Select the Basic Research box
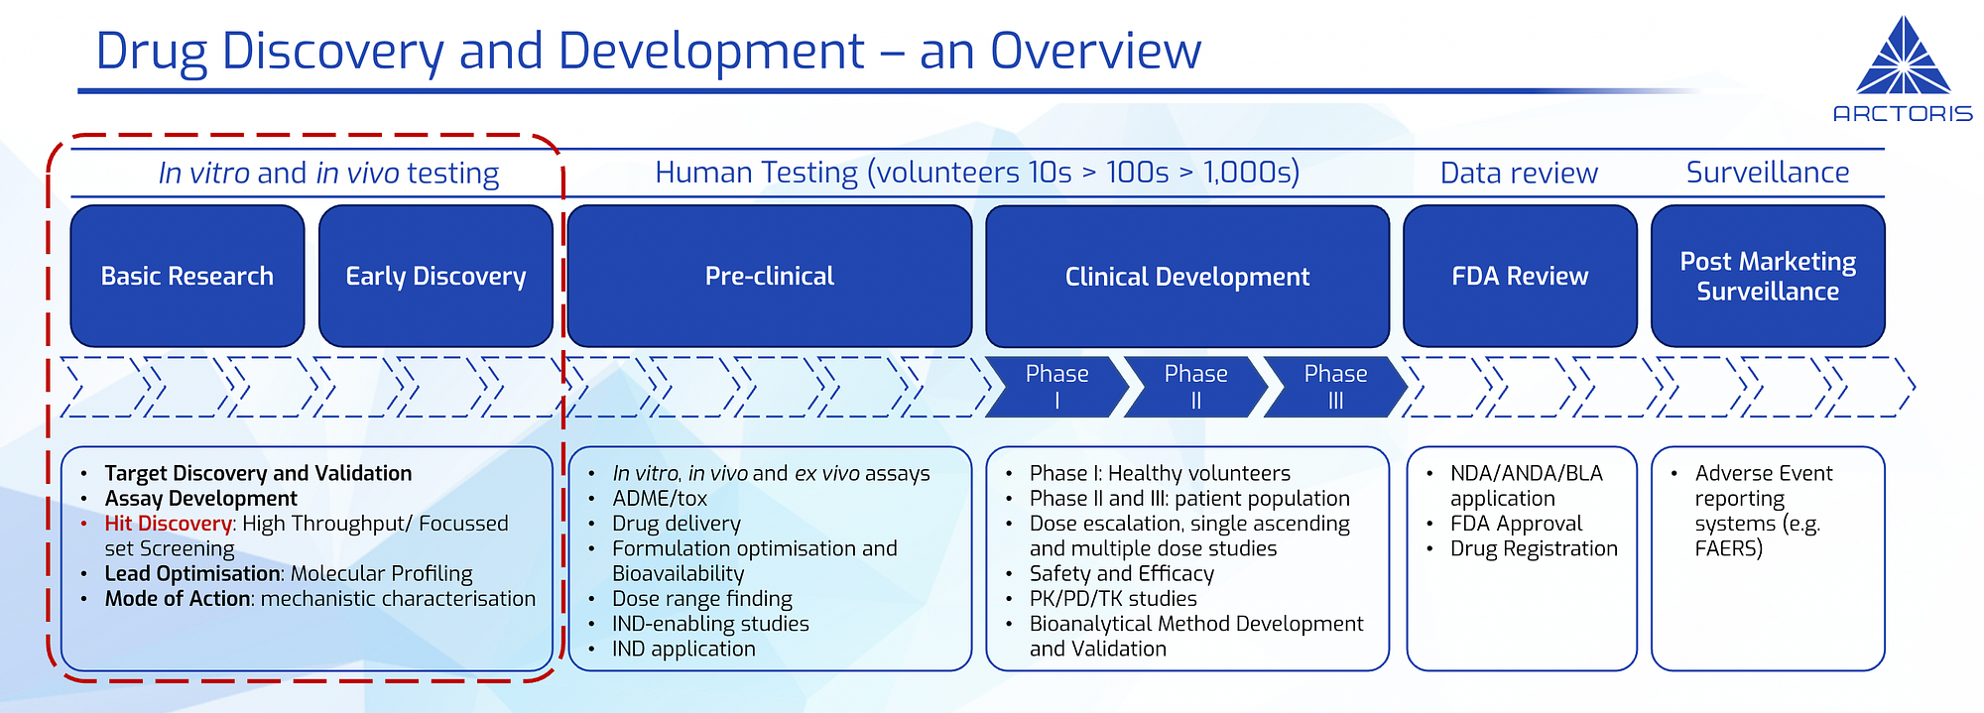(187, 276)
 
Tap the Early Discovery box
(435, 276)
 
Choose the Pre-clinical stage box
(769, 276)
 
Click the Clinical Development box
(1186, 276)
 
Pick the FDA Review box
(1520, 276)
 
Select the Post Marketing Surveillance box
(1767, 276)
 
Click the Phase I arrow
(1056, 387)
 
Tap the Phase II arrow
(1195, 387)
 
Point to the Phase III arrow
(1335, 387)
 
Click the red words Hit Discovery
(169, 524)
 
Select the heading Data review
(1519, 174)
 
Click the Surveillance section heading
(1767, 173)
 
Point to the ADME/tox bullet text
(660, 499)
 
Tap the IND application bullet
(683, 649)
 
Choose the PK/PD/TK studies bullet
(1113, 599)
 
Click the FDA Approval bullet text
(1516, 524)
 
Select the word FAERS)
(1728, 548)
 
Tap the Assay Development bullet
(201, 499)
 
